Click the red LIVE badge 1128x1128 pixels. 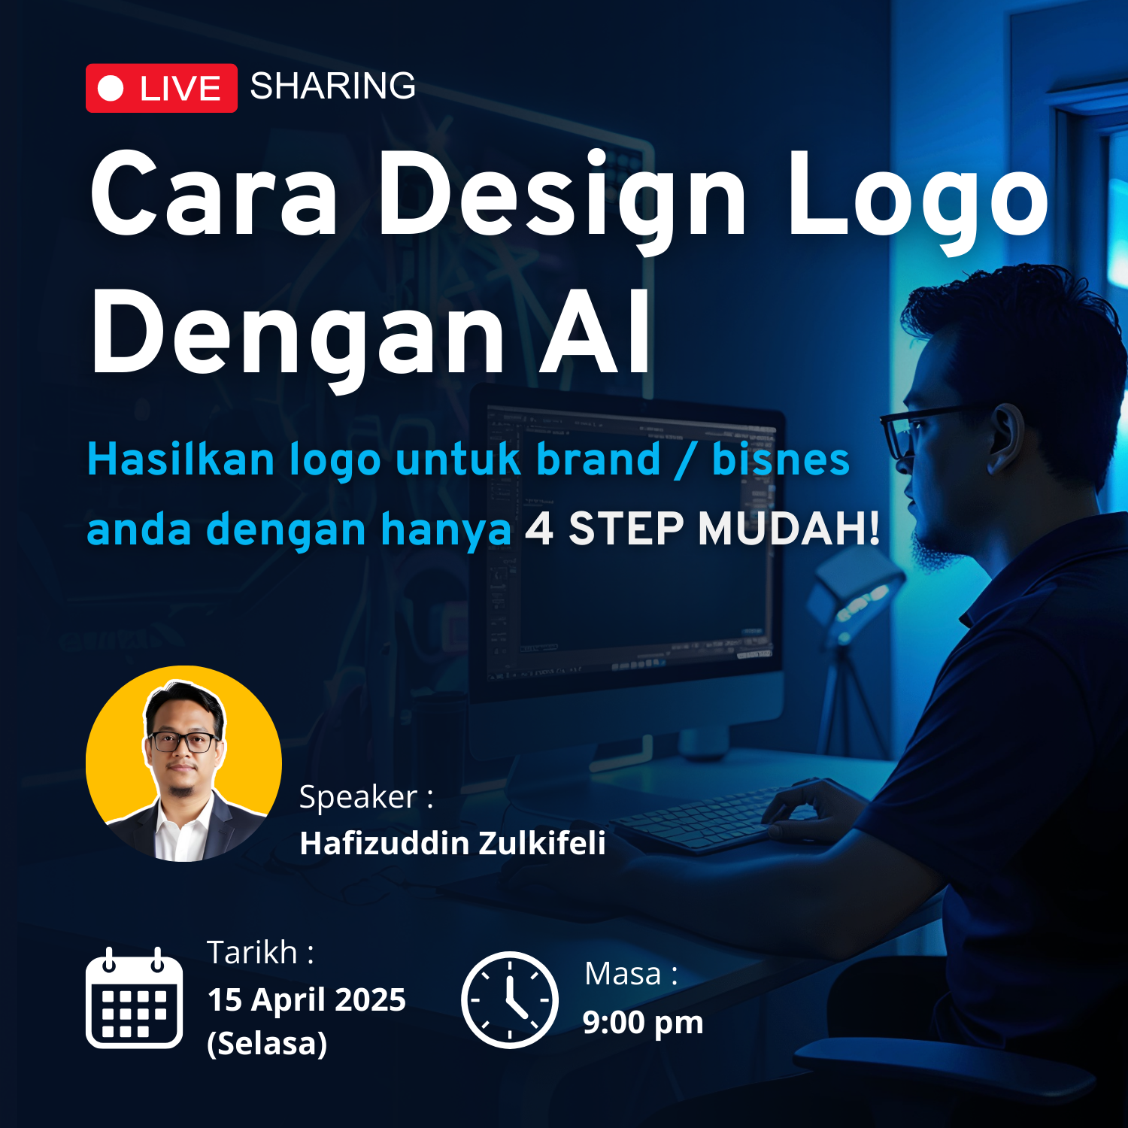point(162,88)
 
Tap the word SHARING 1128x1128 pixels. point(333,86)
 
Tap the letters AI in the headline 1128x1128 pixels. point(595,330)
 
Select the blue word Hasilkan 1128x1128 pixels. point(180,459)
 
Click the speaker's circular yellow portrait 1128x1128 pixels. point(183,763)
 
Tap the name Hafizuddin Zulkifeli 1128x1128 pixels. point(453,843)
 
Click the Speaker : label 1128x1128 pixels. point(366,797)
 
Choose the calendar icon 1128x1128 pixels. point(134,998)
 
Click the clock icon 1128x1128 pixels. point(510,999)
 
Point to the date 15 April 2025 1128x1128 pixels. point(307,1000)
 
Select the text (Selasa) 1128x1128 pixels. point(267,1044)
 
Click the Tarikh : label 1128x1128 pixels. point(260,953)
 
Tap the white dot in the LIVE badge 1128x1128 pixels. point(111,88)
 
